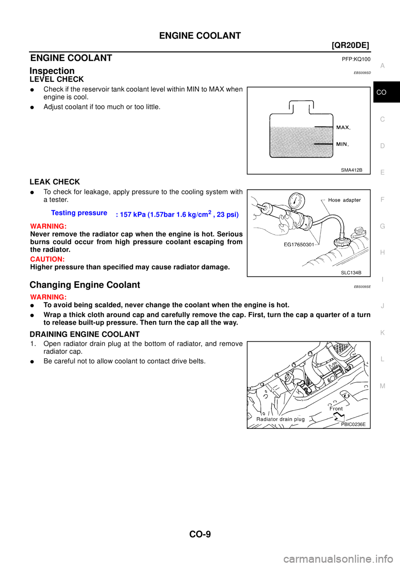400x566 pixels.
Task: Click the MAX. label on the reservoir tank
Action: pos(343,128)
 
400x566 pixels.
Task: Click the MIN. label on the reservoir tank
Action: pos(342,144)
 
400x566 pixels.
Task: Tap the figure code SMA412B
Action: pos(352,170)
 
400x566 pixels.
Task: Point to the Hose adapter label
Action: pos(345,200)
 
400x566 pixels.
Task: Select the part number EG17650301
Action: pos(299,244)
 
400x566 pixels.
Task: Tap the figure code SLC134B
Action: pos(351,273)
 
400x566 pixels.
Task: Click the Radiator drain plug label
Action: pos(280,419)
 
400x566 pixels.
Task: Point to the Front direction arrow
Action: pos(338,417)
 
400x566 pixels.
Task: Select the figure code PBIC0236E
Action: pos(353,424)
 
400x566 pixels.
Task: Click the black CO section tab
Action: pos(386,92)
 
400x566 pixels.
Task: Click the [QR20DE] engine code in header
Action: pos(350,45)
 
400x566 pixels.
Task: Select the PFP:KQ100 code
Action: pos(356,59)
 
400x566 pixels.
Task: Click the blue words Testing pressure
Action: pos(79,213)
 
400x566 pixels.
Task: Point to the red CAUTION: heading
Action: pos(47,259)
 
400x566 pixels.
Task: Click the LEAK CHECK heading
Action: pos(55,182)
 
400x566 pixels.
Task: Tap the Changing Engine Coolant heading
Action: pos(85,285)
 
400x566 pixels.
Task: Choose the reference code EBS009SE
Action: pos(362,287)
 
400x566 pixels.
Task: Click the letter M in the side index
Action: pos(382,386)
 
